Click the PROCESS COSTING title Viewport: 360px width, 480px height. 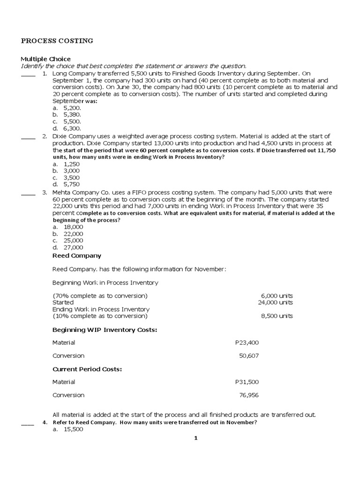click(57, 41)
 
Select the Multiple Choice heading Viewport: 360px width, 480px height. click(45, 59)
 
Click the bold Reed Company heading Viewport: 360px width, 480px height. click(76, 256)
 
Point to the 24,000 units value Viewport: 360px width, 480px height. click(275, 303)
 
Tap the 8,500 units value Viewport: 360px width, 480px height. click(277, 316)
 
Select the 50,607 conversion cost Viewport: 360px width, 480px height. click(248, 356)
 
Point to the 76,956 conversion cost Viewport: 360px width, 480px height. click(248, 395)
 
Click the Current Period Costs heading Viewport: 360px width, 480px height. click(87, 369)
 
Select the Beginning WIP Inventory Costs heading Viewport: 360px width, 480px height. click(105, 330)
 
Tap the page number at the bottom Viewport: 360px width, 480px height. click(196, 438)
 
